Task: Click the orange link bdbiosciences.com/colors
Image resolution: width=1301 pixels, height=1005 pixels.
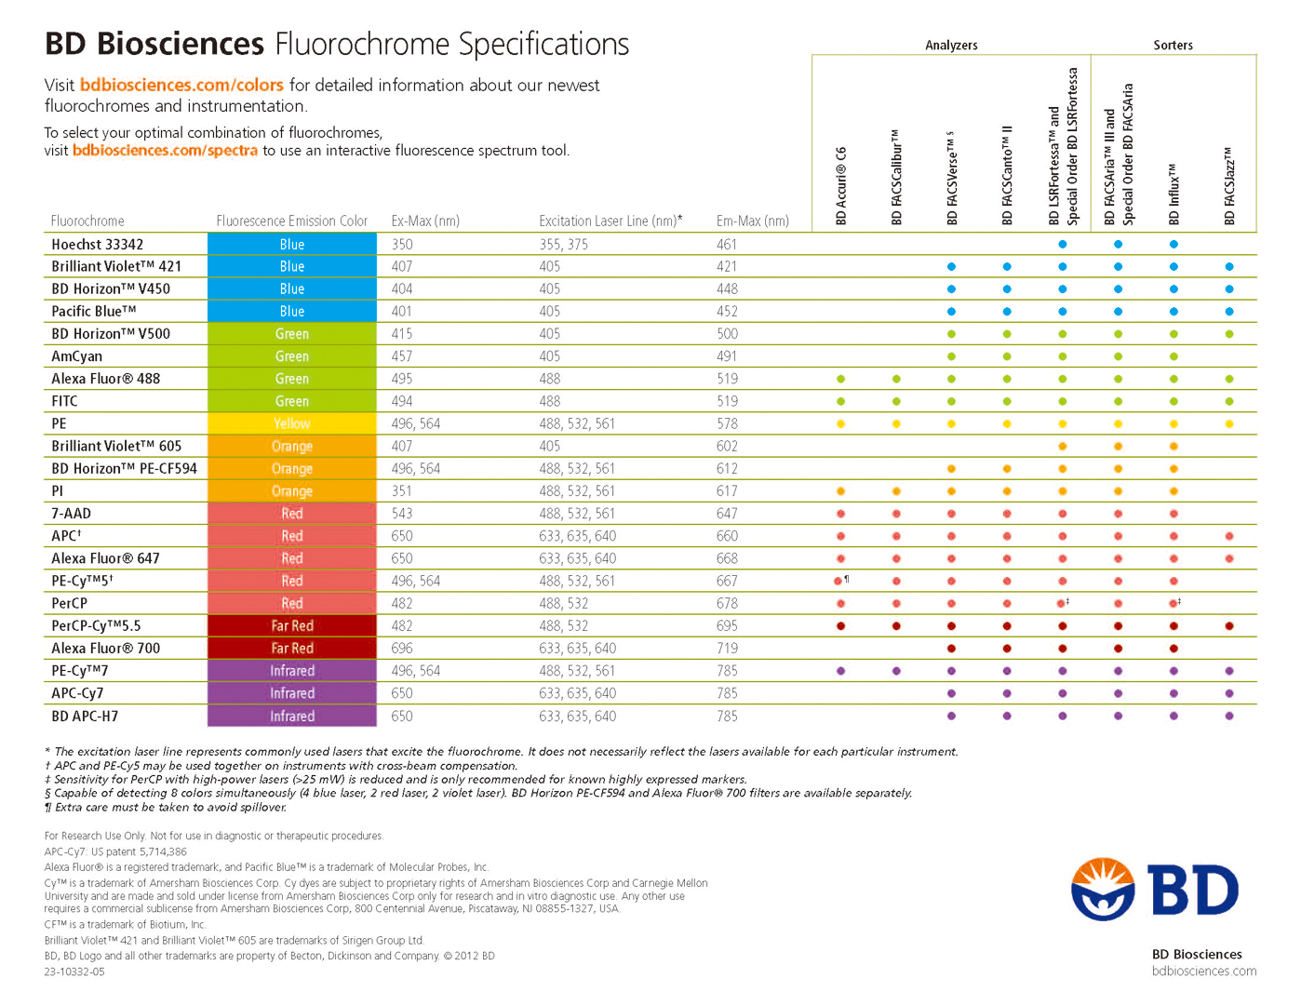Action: pyautogui.click(x=181, y=85)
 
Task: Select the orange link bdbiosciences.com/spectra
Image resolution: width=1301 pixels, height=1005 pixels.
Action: pyautogui.click(x=166, y=150)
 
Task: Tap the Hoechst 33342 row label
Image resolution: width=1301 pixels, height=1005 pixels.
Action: pyautogui.click(x=98, y=244)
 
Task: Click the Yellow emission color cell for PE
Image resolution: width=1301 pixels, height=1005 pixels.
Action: pyautogui.click(x=292, y=423)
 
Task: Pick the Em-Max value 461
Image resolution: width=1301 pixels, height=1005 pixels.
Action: pyautogui.click(x=726, y=244)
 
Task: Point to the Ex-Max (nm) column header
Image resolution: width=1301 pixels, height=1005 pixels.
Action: pyautogui.click(x=425, y=221)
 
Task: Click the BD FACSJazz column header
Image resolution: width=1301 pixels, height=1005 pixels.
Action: pyautogui.click(x=1229, y=185)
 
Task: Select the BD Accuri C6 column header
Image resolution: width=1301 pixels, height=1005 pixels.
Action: pyautogui.click(x=840, y=185)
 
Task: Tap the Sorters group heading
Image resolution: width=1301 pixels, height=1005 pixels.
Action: pyautogui.click(x=1173, y=45)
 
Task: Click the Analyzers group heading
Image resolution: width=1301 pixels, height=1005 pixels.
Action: pyautogui.click(x=951, y=45)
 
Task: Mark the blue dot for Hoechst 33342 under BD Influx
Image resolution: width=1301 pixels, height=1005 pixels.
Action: pyautogui.click(x=1174, y=244)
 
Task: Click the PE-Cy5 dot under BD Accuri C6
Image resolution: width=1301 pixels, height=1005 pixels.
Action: pyautogui.click(x=838, y=582)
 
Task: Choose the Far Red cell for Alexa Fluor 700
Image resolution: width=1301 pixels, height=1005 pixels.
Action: pyautogui.click(x=292, y=649)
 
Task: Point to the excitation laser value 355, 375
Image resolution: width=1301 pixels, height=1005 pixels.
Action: pyautogui.click(x=563, y=244)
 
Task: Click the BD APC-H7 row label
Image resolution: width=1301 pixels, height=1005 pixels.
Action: pyautogui.click(x=85, y=716)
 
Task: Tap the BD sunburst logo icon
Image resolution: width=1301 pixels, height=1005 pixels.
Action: pyautogui.click(x=1103, y=889)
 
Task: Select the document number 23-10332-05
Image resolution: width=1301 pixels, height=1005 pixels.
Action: pyautogui.click(x=74, y=971)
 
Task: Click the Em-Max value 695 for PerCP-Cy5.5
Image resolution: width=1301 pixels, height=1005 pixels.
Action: pyautogui.click(x=727, y=625)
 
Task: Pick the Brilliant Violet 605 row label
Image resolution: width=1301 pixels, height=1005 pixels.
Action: pyautogui.click(x=116, y=446)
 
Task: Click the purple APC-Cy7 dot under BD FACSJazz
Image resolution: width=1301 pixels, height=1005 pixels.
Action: pyautogui.click(x=1229, y=693)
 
